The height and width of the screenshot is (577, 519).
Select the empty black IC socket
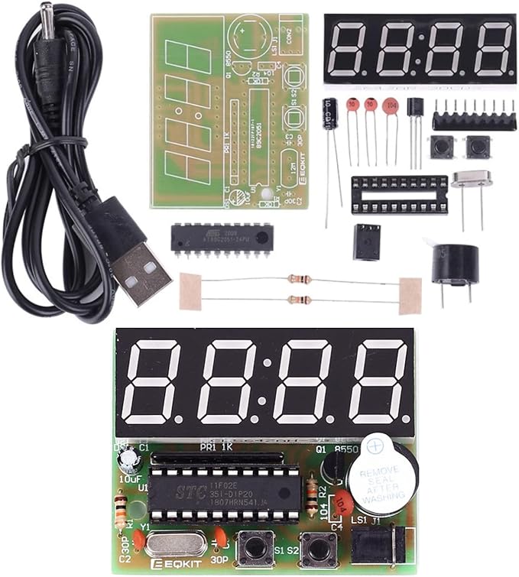(x=399, y=195)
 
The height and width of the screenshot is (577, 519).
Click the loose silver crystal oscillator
(x=470, y=180)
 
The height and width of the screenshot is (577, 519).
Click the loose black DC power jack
(x=367, y=241)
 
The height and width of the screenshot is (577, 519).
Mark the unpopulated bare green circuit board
(x=229, y=111)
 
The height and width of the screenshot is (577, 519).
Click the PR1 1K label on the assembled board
(x=219, y=446)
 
